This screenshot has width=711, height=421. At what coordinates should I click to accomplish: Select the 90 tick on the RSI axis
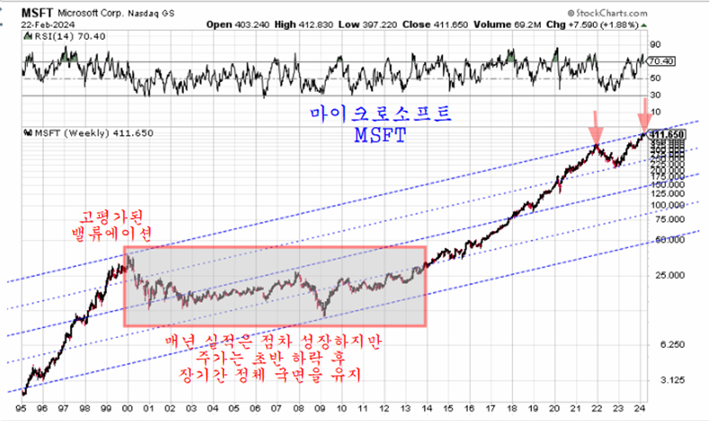tap(656, 42)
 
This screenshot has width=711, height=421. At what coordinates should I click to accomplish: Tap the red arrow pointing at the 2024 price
tap(644, 117)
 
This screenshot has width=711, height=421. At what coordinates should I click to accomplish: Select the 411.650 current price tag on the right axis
tap(668, 133)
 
